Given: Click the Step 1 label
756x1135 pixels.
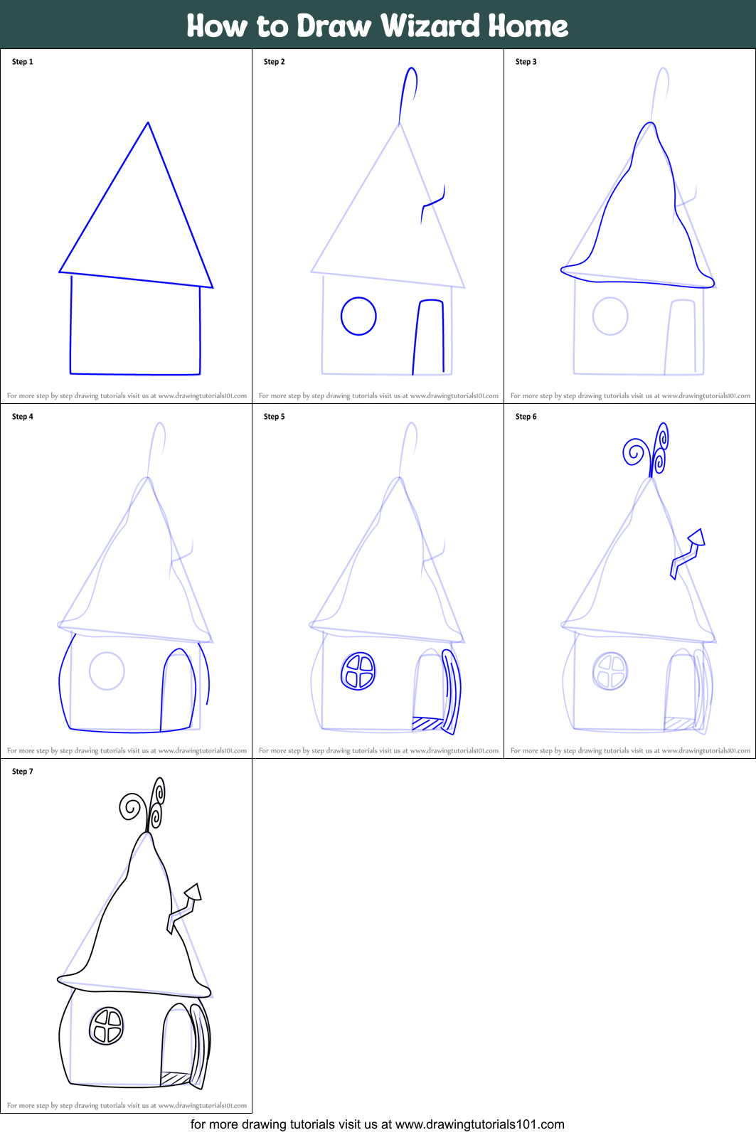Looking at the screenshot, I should click(22, 62).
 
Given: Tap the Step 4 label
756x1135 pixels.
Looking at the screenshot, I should click(22, 417).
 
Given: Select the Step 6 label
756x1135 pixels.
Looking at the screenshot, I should click(526, 417).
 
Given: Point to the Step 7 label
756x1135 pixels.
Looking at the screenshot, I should click(22, 772).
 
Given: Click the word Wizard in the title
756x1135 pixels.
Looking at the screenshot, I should click(430, 26).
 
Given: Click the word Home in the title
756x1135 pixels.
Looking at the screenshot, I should click(528, 26).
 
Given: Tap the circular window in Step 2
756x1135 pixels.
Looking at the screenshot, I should click(358, 316).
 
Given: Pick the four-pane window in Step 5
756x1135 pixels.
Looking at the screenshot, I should click(358, 672).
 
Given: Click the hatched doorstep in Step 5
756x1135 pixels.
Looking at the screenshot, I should click(427, 724).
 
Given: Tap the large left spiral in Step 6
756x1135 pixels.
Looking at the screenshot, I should click(634, 452).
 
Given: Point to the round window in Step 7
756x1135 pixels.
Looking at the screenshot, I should click(107, 1026).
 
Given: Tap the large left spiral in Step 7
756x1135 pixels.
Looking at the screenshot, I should click(131, 807).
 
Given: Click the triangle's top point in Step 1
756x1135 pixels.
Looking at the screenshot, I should click(148, 124).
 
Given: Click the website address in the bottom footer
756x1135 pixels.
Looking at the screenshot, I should click(479, 1124).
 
